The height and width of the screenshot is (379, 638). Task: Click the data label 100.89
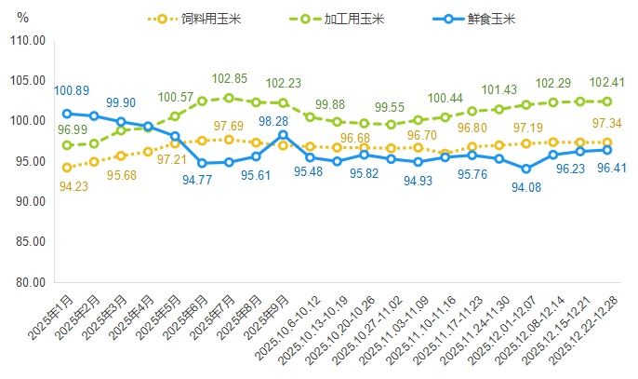click(72, 90)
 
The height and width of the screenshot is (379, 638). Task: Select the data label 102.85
click(229, 78)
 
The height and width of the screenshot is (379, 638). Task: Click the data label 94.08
click(526, 188)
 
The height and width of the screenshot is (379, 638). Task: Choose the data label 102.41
click(606, 81)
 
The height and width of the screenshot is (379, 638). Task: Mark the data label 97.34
click(606, 124)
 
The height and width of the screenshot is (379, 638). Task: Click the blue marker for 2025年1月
click(67, 114)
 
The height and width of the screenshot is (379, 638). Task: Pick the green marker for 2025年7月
click(229, 98)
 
